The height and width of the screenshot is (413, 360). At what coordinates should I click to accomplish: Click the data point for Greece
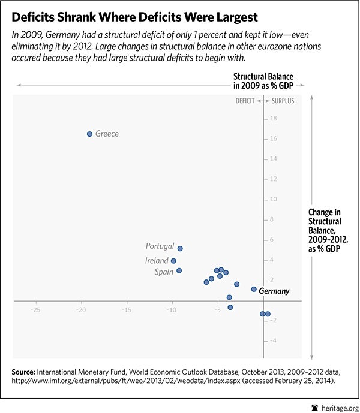[x=89, y=134]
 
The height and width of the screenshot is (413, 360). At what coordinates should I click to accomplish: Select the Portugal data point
[x=180, y=248]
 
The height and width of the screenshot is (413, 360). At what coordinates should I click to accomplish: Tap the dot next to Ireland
[x=173, y=261]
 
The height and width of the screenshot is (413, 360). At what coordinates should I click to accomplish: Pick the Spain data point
[x=179, y=270]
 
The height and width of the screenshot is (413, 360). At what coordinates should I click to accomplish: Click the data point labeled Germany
[x=254, y=289]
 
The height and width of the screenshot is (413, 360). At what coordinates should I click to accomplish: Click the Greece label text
[x=107, y=134]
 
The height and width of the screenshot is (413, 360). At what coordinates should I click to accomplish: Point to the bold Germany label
[x=274, y=291]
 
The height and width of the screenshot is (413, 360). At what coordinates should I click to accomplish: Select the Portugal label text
[x=160, y=246]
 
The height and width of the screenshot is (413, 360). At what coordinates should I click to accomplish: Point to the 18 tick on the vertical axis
[x=273, y=119]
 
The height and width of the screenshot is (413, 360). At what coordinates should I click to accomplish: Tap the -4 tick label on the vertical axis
[x=272, y=341]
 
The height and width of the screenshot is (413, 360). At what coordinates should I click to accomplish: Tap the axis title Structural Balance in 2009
[x=261, y=80]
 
